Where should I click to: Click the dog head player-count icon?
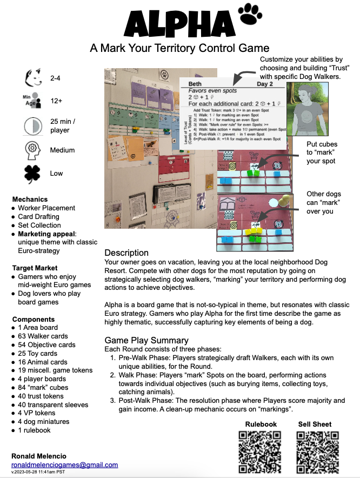33,78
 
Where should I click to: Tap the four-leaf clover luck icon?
32,174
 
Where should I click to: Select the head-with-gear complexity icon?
32,150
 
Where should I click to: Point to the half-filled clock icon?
32,127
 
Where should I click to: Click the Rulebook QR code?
261,452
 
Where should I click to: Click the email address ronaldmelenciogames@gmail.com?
64,465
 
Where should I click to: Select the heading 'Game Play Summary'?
146,340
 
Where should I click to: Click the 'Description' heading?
126,253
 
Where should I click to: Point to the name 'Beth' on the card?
195,84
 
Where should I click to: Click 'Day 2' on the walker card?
264,84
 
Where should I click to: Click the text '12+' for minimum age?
56,101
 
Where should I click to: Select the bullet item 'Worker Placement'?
46,208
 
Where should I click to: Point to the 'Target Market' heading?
35,268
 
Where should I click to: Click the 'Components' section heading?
34,319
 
